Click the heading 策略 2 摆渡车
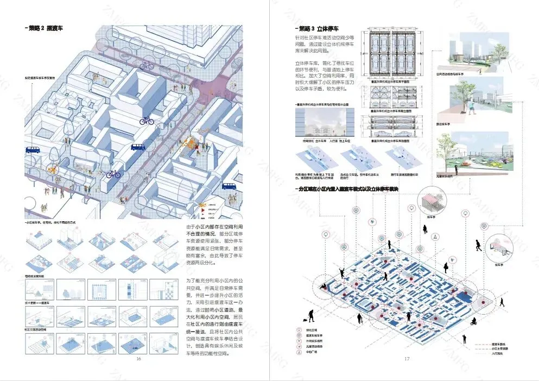click(45, 27)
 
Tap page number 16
click(138, 359)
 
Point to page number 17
click(407, 358)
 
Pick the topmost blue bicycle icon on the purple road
click(147, 65)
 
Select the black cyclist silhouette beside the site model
click(473, 322)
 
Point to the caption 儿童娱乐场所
click(448, 176)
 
